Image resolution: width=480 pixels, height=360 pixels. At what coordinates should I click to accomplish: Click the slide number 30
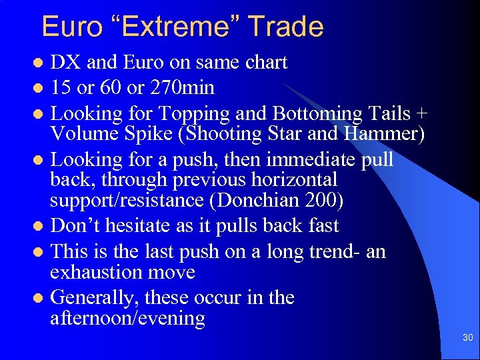[x=467, y=338]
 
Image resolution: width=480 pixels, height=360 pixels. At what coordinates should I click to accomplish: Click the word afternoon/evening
[x=127, y=318]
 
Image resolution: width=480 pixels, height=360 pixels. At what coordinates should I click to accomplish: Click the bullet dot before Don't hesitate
[x=39, y=227]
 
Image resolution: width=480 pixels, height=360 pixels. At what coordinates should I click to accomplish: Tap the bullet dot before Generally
[x=39, y=297]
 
